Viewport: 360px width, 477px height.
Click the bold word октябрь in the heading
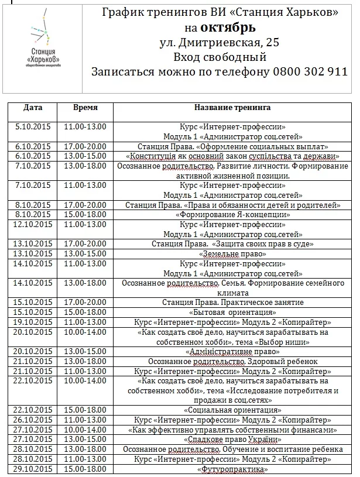228,28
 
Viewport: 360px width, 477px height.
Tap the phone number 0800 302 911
310,72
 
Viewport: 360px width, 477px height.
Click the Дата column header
33,108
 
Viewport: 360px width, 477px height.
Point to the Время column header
85,108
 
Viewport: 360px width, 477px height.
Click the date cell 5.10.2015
33,126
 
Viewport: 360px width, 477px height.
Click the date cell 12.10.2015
33,224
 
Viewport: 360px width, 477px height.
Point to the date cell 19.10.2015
33,322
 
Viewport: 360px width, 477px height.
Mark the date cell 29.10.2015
33,469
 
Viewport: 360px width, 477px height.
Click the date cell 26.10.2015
33,420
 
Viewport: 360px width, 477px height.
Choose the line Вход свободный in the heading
220,57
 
